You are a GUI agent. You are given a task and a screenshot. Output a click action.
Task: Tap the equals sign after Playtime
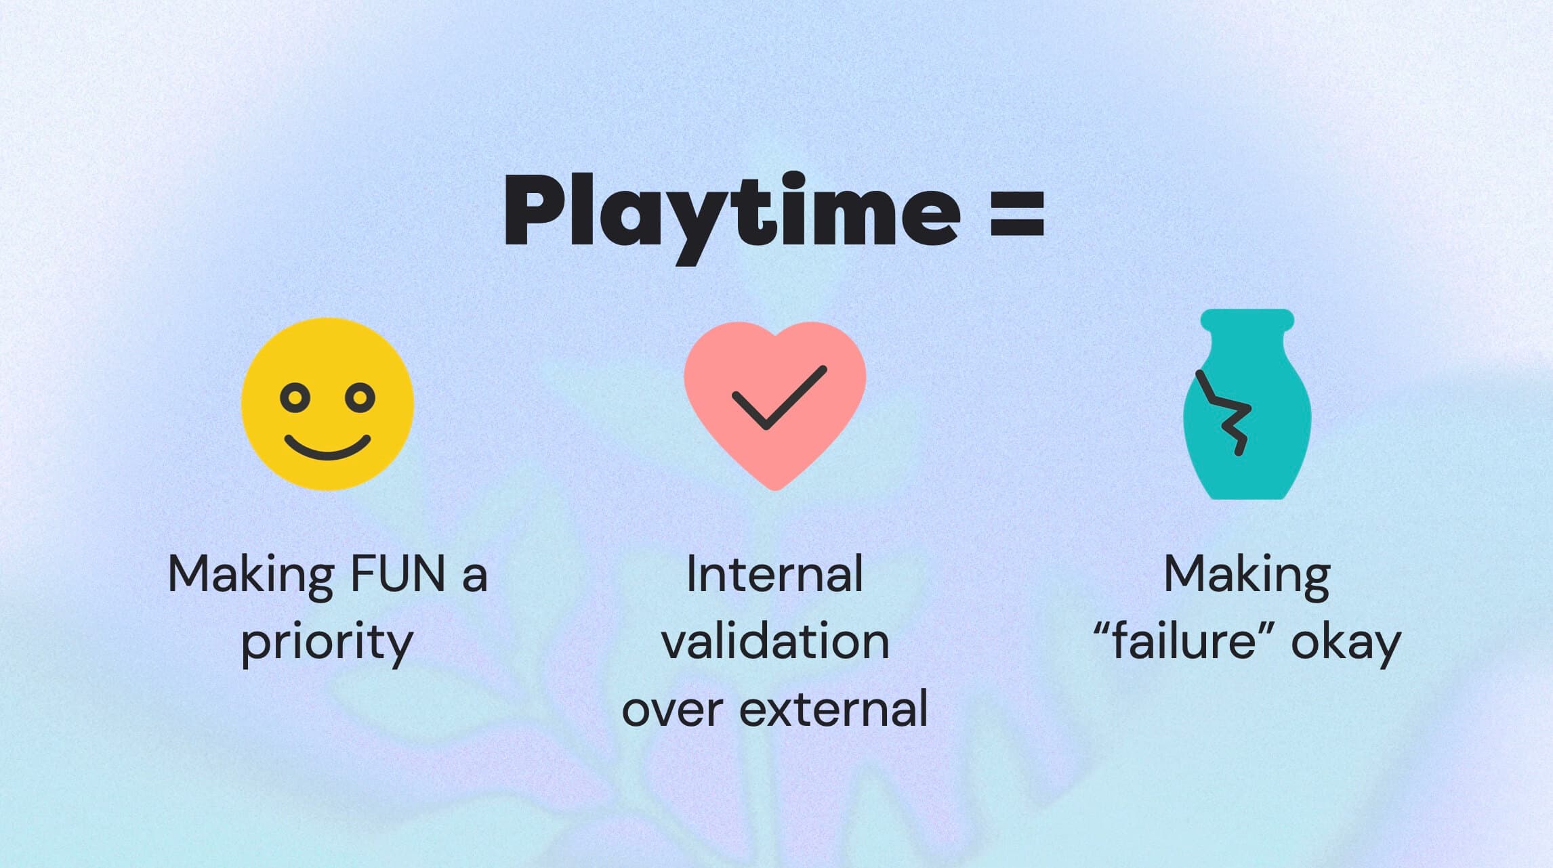[x=1017, y=214]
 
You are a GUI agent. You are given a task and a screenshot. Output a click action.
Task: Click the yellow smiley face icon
[x=328, y=404]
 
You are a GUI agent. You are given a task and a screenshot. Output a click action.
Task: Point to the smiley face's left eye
[x=295, y=397]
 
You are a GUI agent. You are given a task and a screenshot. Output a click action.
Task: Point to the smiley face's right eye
[x=360, y=397]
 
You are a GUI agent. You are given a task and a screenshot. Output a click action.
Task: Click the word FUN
[x=398, y=574]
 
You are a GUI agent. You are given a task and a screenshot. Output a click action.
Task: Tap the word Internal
[x=774, y=574]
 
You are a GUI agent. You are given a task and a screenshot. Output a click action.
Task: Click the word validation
[x=775, y=642]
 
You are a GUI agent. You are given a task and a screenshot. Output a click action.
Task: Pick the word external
[x=833, y=710]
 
